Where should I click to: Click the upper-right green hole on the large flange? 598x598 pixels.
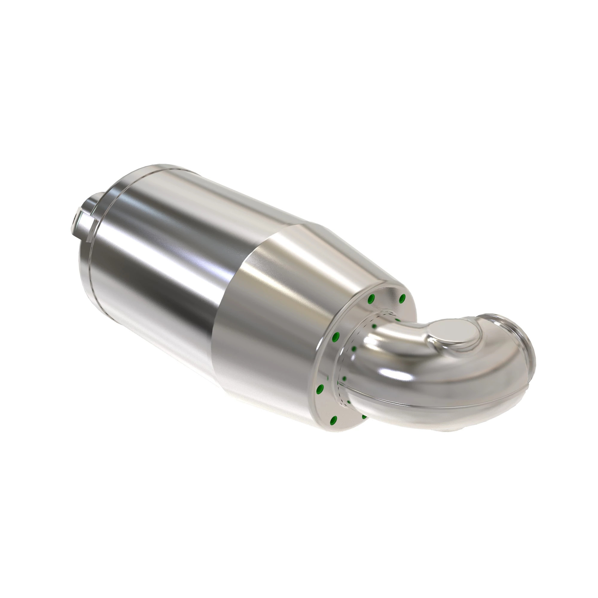coord(402,298)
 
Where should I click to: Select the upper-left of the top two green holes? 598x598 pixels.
coord(371,299)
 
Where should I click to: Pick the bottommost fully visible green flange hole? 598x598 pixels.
coord(334,420)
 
